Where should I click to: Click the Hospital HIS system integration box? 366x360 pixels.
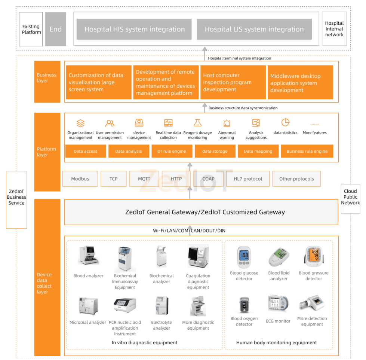[x=135, y=29]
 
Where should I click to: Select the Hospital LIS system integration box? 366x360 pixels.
[x=254, y=29]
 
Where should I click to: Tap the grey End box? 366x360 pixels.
[x=56, y=29]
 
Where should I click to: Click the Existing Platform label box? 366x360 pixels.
[x=31, y=29]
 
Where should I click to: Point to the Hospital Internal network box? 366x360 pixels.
[x=334, y=29]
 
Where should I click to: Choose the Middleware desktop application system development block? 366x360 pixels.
[x=300, y=83]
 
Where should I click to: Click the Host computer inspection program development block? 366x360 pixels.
[x=233, y=83]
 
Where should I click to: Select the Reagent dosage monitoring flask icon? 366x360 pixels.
[x=197, y=123]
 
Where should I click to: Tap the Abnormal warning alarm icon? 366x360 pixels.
[x=227, y=123]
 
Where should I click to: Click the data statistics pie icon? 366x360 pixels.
[x=285, y=122]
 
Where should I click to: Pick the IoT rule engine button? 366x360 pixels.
[x=171, y=151]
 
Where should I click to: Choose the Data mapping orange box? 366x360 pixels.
[x=258, y=151]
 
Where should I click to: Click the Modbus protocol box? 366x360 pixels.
[x=80, y=179]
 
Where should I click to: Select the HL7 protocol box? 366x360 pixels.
[x=248, y=179]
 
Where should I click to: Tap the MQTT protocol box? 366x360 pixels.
[x=144, y=179]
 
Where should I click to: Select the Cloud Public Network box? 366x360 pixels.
[x=350, y=197]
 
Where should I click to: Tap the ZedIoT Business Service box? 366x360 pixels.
[x=16, y=197]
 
